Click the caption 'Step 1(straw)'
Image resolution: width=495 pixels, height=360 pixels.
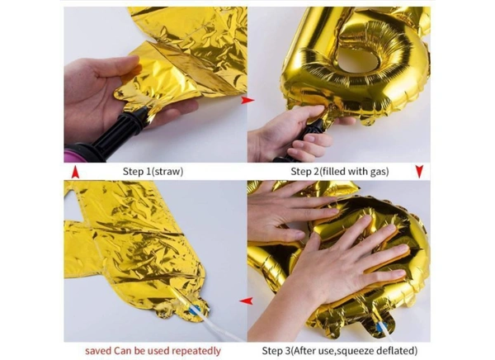(x=153, y=171)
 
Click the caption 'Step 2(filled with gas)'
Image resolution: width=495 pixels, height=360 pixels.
(x=340, y=171)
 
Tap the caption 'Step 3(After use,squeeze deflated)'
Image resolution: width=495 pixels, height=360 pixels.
(x=340, y=351)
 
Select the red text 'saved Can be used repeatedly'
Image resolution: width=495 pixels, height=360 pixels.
(x=153, y=351)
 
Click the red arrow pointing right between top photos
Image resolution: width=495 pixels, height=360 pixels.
(x=247, y=100)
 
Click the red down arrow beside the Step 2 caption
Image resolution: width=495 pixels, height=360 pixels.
(x=419, y=171)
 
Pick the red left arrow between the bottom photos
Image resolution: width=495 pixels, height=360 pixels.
(x=246, y=301)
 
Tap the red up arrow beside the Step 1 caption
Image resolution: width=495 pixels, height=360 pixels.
(x=75, y=173)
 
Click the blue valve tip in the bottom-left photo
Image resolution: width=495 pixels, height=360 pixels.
(x=195, y=309)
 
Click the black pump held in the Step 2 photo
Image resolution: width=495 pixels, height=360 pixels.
(x=303, y=139)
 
